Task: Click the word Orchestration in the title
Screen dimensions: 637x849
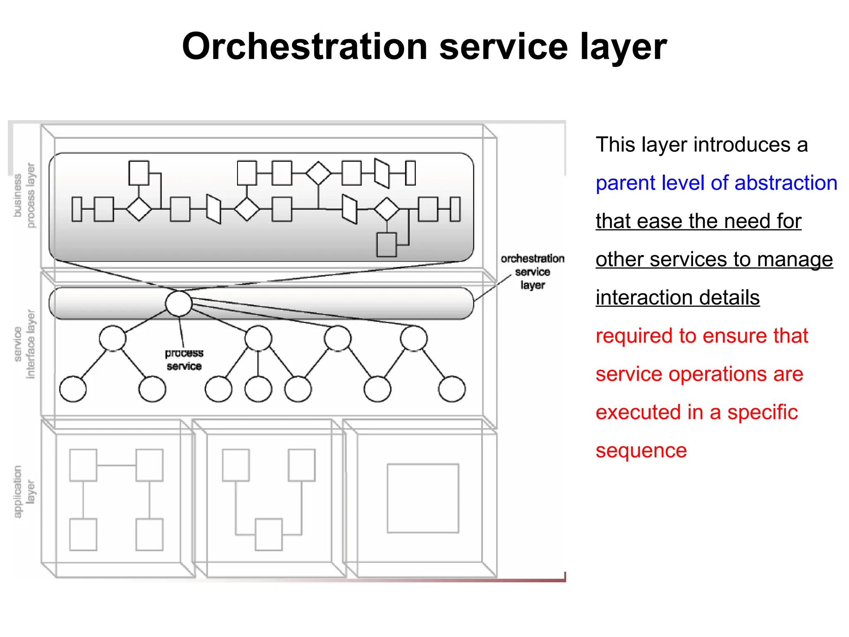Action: click(x=305, y=47)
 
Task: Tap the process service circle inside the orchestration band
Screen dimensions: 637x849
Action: click(x=179, y=304)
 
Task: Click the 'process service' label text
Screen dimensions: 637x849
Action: click(x=184, y=360)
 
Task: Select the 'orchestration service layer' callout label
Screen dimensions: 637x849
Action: click(x=532, y=272)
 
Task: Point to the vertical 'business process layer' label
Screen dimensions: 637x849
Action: click(x=24, y=195)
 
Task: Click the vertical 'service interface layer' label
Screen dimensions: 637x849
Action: click(x=24, y=344)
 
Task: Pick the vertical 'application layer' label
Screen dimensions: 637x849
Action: click(x=24, y=491)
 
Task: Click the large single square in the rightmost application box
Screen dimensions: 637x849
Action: click(x=423, y=498)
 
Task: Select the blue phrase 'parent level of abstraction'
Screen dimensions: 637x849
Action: click(x=716, y=183)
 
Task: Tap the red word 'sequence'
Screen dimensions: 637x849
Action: click(x=641, y=450)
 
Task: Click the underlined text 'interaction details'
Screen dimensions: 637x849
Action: click(x=677, y=298)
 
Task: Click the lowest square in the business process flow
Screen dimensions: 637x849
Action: click(x=386, y=245)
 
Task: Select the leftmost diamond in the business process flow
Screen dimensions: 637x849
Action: click(x=139, y=209)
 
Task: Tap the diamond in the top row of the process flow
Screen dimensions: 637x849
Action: click(x=318, y=173)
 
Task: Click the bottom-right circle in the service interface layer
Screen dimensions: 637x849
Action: click(x=452, y=389)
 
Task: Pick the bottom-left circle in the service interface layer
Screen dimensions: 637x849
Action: click(x=73, y=389)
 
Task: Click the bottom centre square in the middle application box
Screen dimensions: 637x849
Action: click(x=269, y=534)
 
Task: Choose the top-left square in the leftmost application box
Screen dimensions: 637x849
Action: click(x=83, y=465)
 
